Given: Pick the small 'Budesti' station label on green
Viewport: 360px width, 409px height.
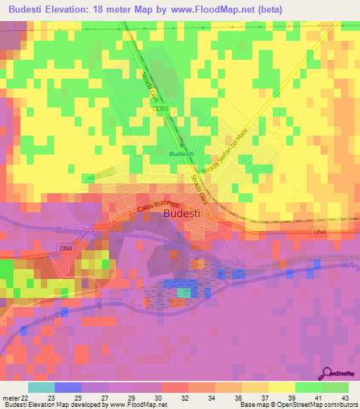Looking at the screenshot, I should tap(181, 152).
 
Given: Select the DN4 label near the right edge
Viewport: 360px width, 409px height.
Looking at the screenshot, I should tap(320, 231).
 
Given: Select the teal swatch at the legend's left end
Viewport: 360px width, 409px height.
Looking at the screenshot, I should tap(41, 387).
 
